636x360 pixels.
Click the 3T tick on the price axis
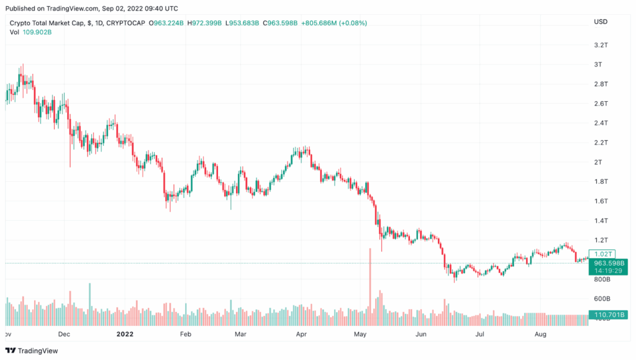click(598, 65)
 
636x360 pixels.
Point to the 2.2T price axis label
click(601, 143)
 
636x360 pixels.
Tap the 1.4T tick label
click(601, 221)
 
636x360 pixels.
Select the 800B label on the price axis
click(601, 280)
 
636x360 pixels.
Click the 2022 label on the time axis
click(125, 334)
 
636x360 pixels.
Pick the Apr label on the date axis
click(302, 334)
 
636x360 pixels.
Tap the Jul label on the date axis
click(480, 334)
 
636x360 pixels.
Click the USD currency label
click(601, 22)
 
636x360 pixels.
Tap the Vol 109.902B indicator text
click(30, 32)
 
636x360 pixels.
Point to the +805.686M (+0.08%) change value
click(334, 23)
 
